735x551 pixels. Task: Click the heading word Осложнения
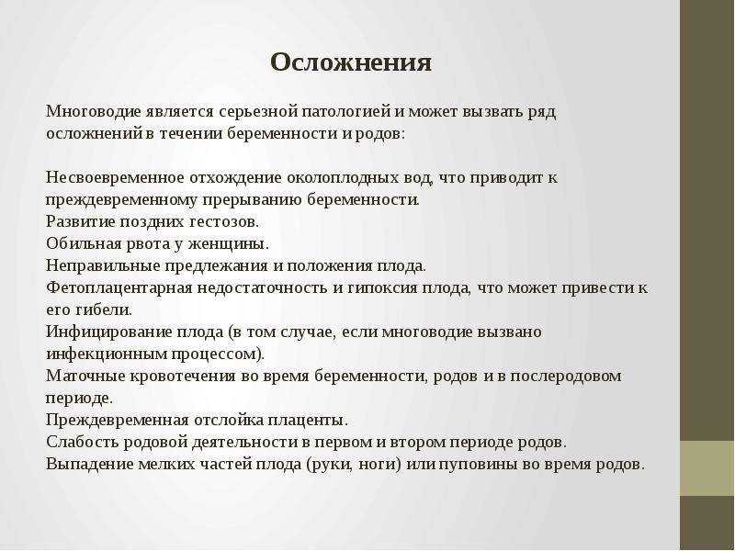[x=351, y=62]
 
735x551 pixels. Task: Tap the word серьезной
[x=257, y=112]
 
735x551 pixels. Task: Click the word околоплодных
[x=343, y=178]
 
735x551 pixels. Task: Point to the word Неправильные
[x=103, y=266]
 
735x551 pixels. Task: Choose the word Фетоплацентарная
[x=119, y=288]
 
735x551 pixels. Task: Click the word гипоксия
[x=382, y=288]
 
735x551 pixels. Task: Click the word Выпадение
[x=89, y=465]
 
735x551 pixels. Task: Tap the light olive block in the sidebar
[x=707, y=468]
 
